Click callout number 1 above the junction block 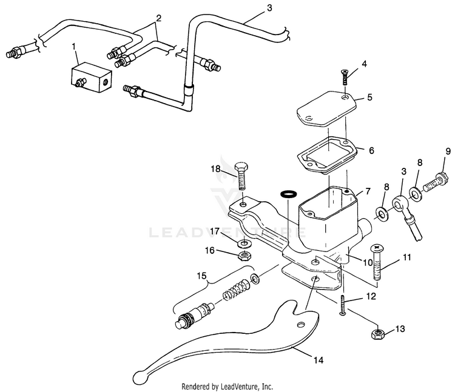74,47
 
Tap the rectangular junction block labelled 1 89,78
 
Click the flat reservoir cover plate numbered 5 325,109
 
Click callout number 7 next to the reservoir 368,191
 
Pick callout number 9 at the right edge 448,151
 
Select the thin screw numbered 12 343,302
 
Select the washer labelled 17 245,244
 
